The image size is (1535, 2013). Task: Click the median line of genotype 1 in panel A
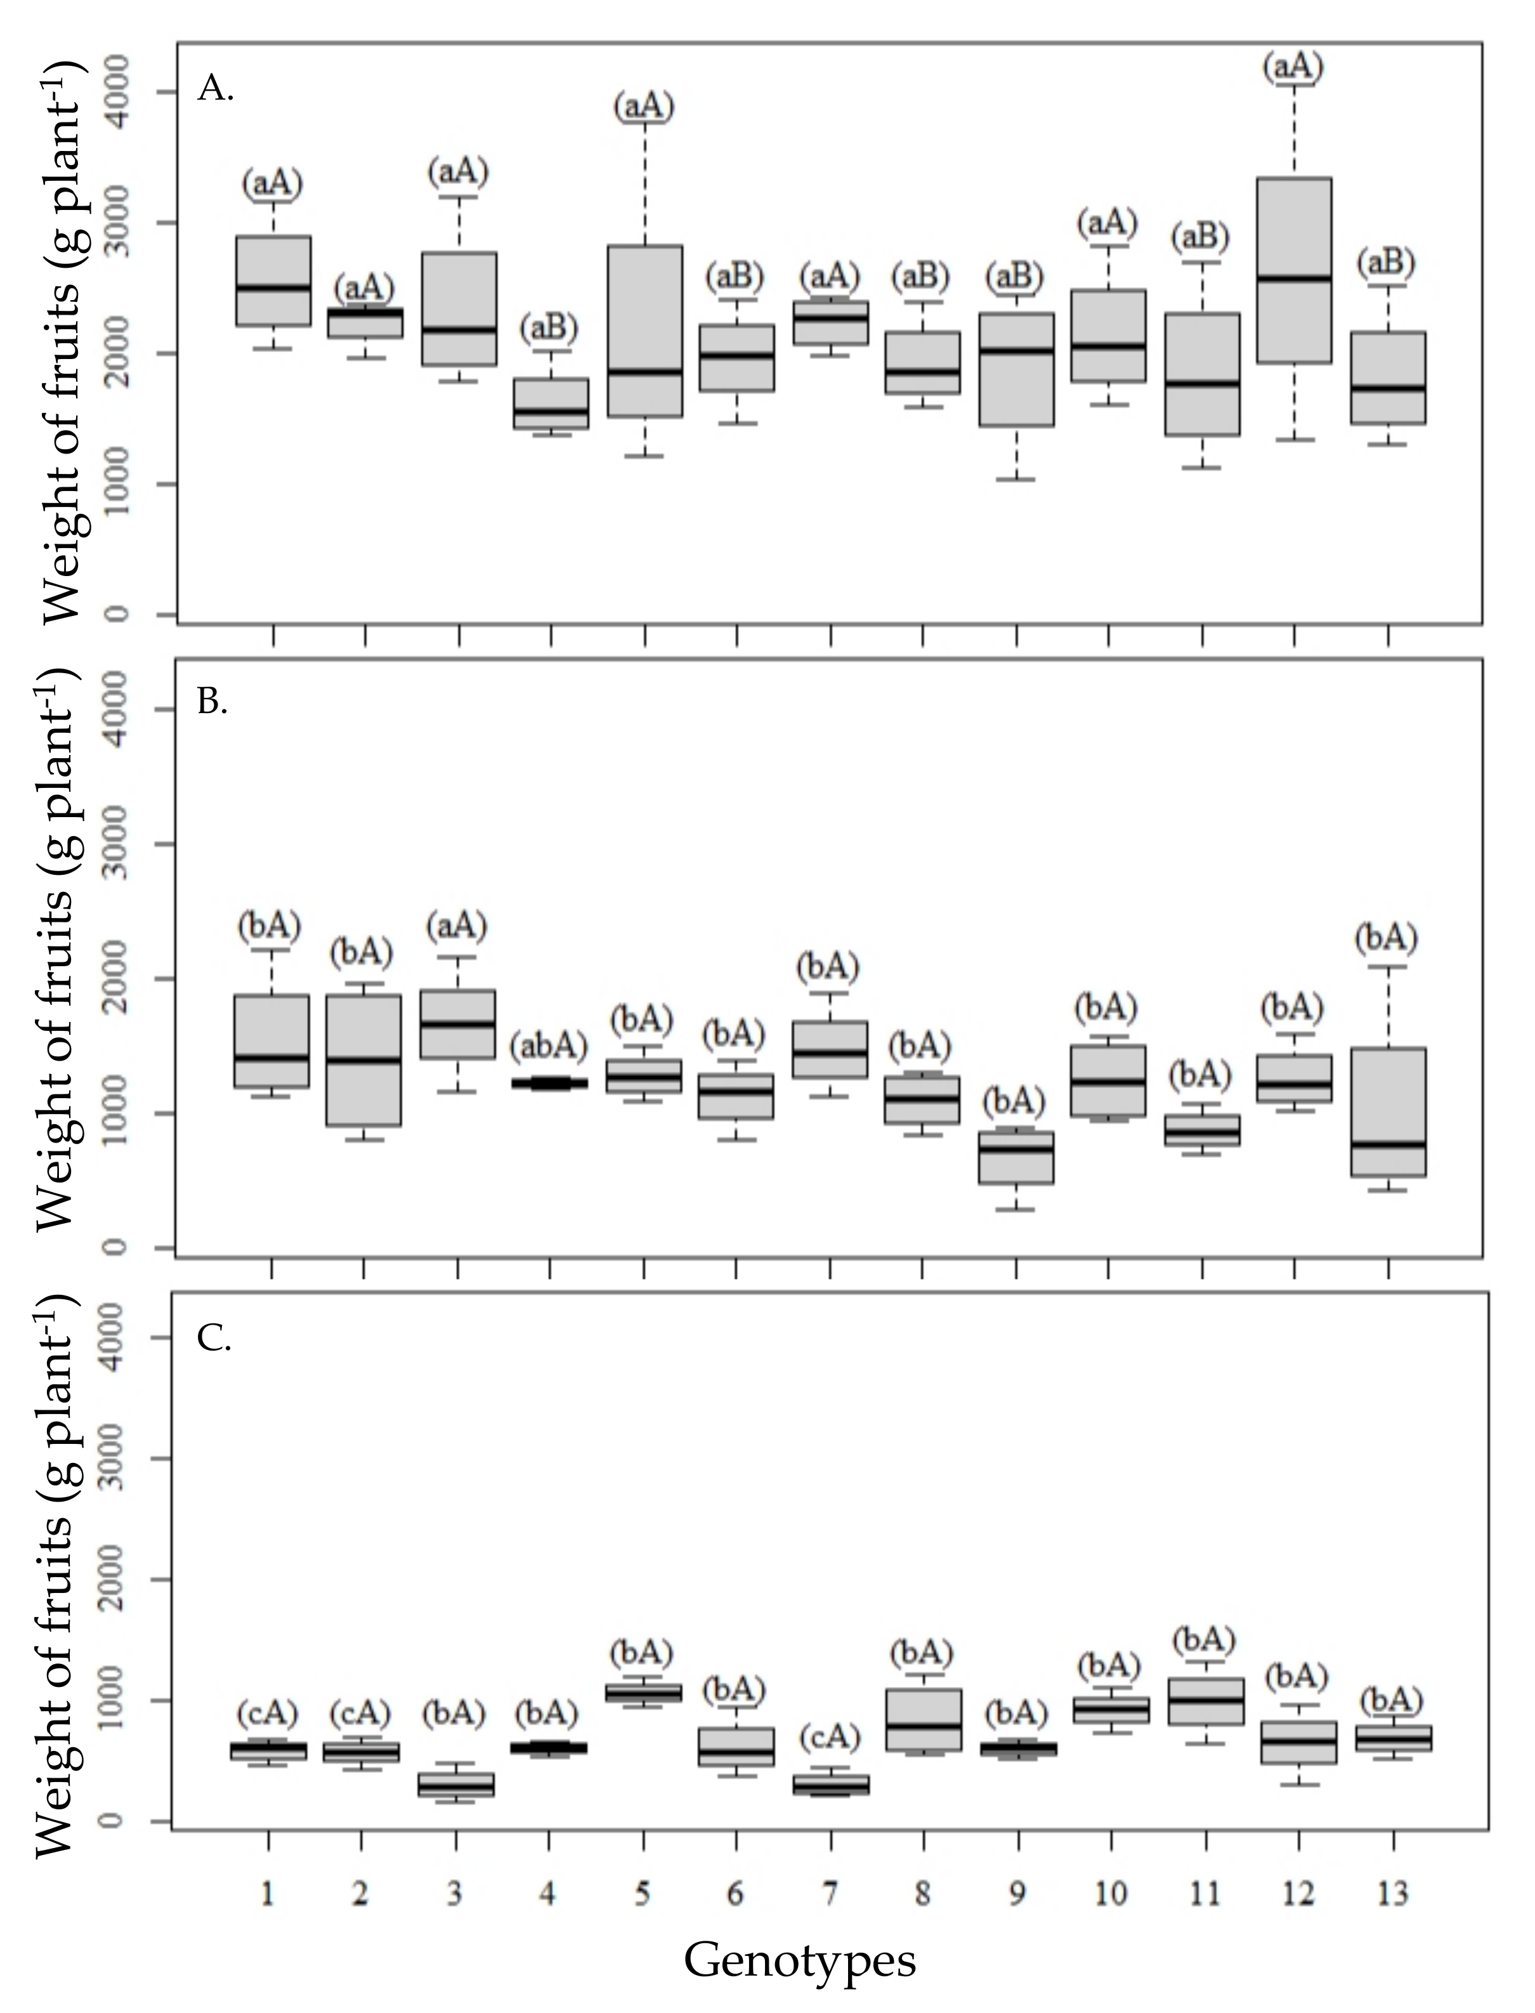pyautogui.click(x=273, y=287)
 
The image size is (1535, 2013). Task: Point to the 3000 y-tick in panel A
pyautogui.click(x=116, y=222)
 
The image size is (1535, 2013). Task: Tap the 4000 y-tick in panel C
pyautogui.click(x=116, y=1338)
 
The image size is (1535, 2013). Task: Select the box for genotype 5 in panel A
pyautogui.click(x=645, y=331)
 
